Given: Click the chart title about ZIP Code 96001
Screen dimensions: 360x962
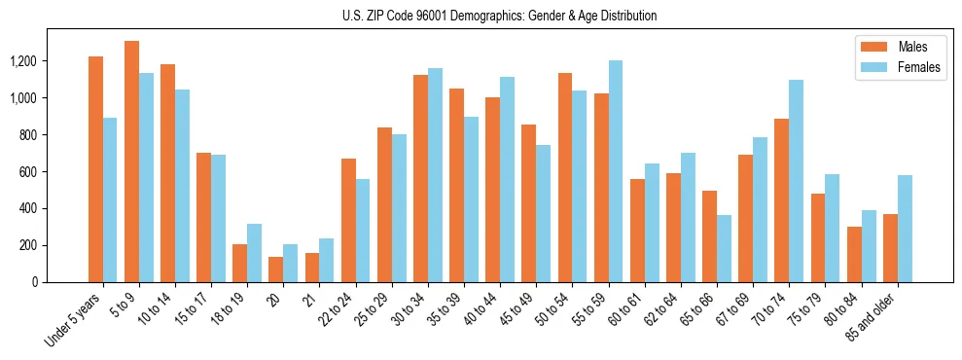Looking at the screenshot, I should pos(500,16).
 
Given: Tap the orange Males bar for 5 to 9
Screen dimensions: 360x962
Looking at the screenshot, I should pos(132,162).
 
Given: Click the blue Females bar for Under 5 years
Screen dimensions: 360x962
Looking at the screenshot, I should pos(110,199).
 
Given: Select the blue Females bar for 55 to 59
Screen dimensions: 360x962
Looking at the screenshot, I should pos(615,171).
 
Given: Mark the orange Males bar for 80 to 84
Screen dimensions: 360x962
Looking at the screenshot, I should pos(854,254).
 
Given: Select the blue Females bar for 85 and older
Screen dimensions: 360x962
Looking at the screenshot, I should pos(905,229).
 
